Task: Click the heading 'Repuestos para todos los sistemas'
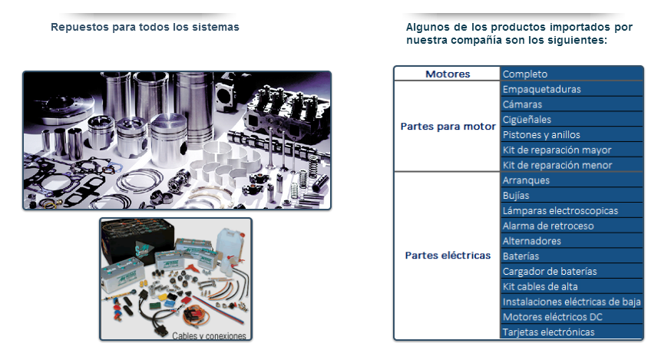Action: (x=145, y=27)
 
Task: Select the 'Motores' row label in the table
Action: (x=448, y=74)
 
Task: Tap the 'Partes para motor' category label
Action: (x=448, y=127)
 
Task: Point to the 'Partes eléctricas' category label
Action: (x=448, y=255)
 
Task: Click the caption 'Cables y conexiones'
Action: (x=209, y=336)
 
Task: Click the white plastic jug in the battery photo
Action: (x=230, y=245)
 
